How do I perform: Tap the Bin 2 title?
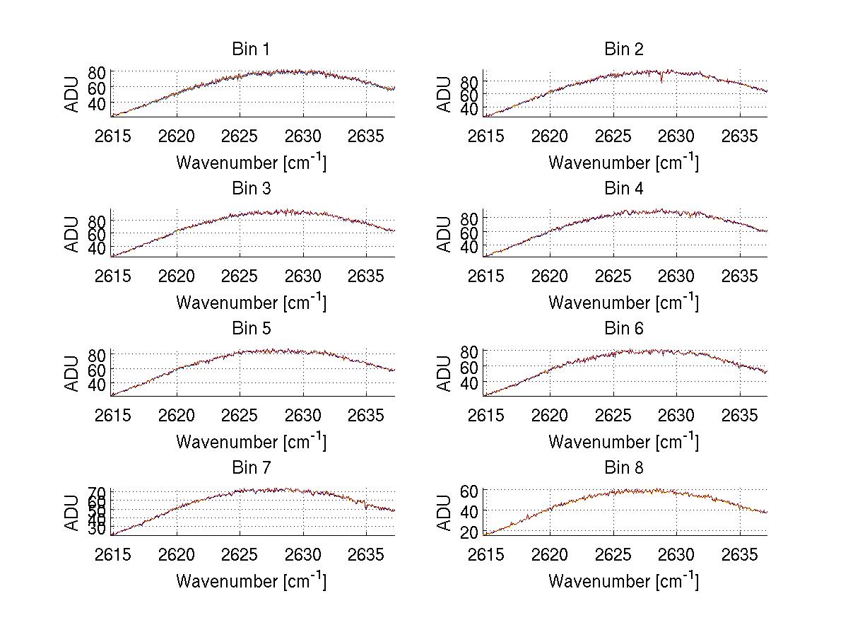623,49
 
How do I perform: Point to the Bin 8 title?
623,468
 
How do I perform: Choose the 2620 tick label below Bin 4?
549,276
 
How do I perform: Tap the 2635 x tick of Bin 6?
740,415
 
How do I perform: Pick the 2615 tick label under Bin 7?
112,555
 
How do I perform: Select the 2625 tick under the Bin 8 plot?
613,555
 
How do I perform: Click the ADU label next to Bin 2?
444,94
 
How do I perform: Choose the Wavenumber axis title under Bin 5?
251,443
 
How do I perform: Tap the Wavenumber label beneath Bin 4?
623,303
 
